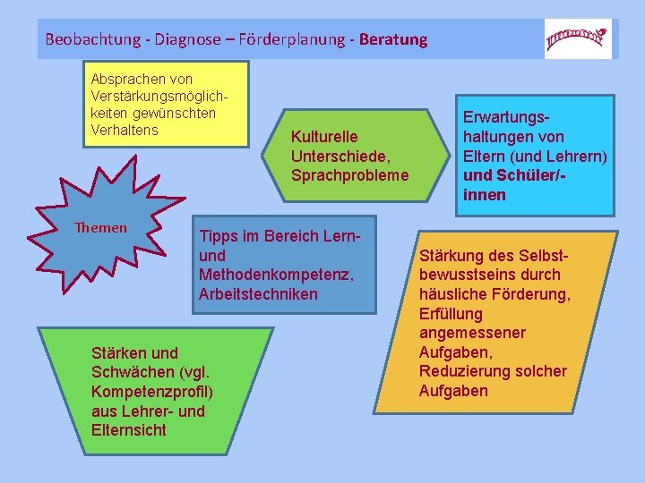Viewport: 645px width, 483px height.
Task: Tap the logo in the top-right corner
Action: (578, 38)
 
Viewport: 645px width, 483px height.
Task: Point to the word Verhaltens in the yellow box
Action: (125, 131)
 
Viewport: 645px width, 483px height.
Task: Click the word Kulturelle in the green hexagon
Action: (324, 136)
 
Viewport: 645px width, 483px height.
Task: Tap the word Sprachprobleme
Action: (349, 175)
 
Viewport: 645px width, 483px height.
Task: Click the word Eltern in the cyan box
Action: (485, 157)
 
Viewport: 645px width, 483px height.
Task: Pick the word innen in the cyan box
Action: (485, 195)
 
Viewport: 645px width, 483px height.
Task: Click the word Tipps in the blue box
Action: (218, 236)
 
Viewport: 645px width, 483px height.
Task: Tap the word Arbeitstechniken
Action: (258, 294)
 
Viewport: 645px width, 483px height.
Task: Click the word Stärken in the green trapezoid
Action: (119, 352)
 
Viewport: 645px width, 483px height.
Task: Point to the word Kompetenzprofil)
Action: (151, 392)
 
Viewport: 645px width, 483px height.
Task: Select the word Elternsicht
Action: (129, 430)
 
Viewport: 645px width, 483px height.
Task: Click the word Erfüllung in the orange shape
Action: (451, 313)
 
